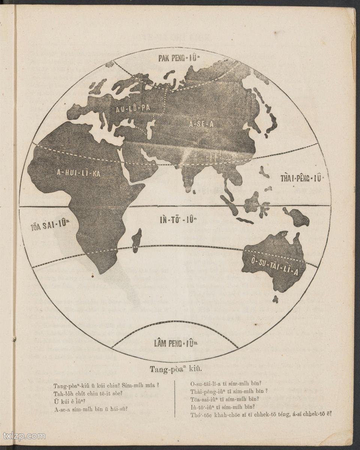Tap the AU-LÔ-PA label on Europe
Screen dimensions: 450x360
pos(133,108)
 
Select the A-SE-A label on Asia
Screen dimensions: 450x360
pos(201,124)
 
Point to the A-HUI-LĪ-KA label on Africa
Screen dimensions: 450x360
pos(78,173)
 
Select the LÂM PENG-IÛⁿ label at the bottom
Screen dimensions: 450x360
pos(174,343)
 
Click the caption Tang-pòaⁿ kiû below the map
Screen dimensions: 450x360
pos(176,369)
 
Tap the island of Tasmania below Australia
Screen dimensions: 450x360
pos(275,299)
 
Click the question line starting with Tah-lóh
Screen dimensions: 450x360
pos(88,394)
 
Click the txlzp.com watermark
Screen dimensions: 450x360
pos(24,436)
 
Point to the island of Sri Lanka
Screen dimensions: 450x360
pos(194,192)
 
